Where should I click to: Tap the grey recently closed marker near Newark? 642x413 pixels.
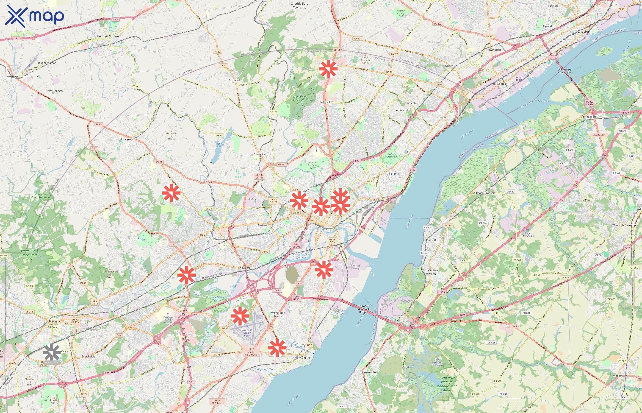click(52, 352)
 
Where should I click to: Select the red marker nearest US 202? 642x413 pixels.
click(328, 69)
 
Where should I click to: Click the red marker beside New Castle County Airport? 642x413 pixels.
click(240, 316)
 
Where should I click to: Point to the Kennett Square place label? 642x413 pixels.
click(108, 36)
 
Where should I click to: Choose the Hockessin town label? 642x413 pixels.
click(128, 139)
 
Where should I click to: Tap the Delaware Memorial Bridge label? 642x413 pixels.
click(363, 309)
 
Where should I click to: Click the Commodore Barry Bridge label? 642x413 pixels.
click(564, 71)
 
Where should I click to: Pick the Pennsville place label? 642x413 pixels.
click(368, 372)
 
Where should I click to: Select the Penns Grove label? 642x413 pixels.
click(433, 240)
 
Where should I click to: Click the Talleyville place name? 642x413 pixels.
click(326, 102)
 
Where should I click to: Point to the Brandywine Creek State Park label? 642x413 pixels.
click(300, 100)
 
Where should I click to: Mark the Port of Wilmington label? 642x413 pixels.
click(356, 267)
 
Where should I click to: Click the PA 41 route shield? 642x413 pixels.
click(99, 124)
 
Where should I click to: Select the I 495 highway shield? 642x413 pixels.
click(412, 170)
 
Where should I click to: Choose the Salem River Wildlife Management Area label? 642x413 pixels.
click(446, 384)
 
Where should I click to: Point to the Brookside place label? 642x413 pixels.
click(88, 356)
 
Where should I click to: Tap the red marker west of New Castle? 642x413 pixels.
click(277, 348)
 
